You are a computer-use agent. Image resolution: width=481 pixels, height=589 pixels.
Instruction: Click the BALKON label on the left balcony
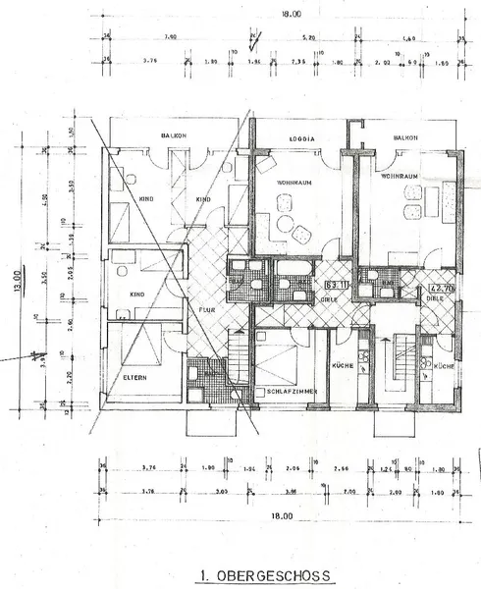[x=175, y=135]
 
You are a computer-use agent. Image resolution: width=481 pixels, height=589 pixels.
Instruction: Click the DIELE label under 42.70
[x=437, y=302]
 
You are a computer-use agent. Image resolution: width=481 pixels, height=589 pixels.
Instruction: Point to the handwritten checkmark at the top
[x=253, y=40]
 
